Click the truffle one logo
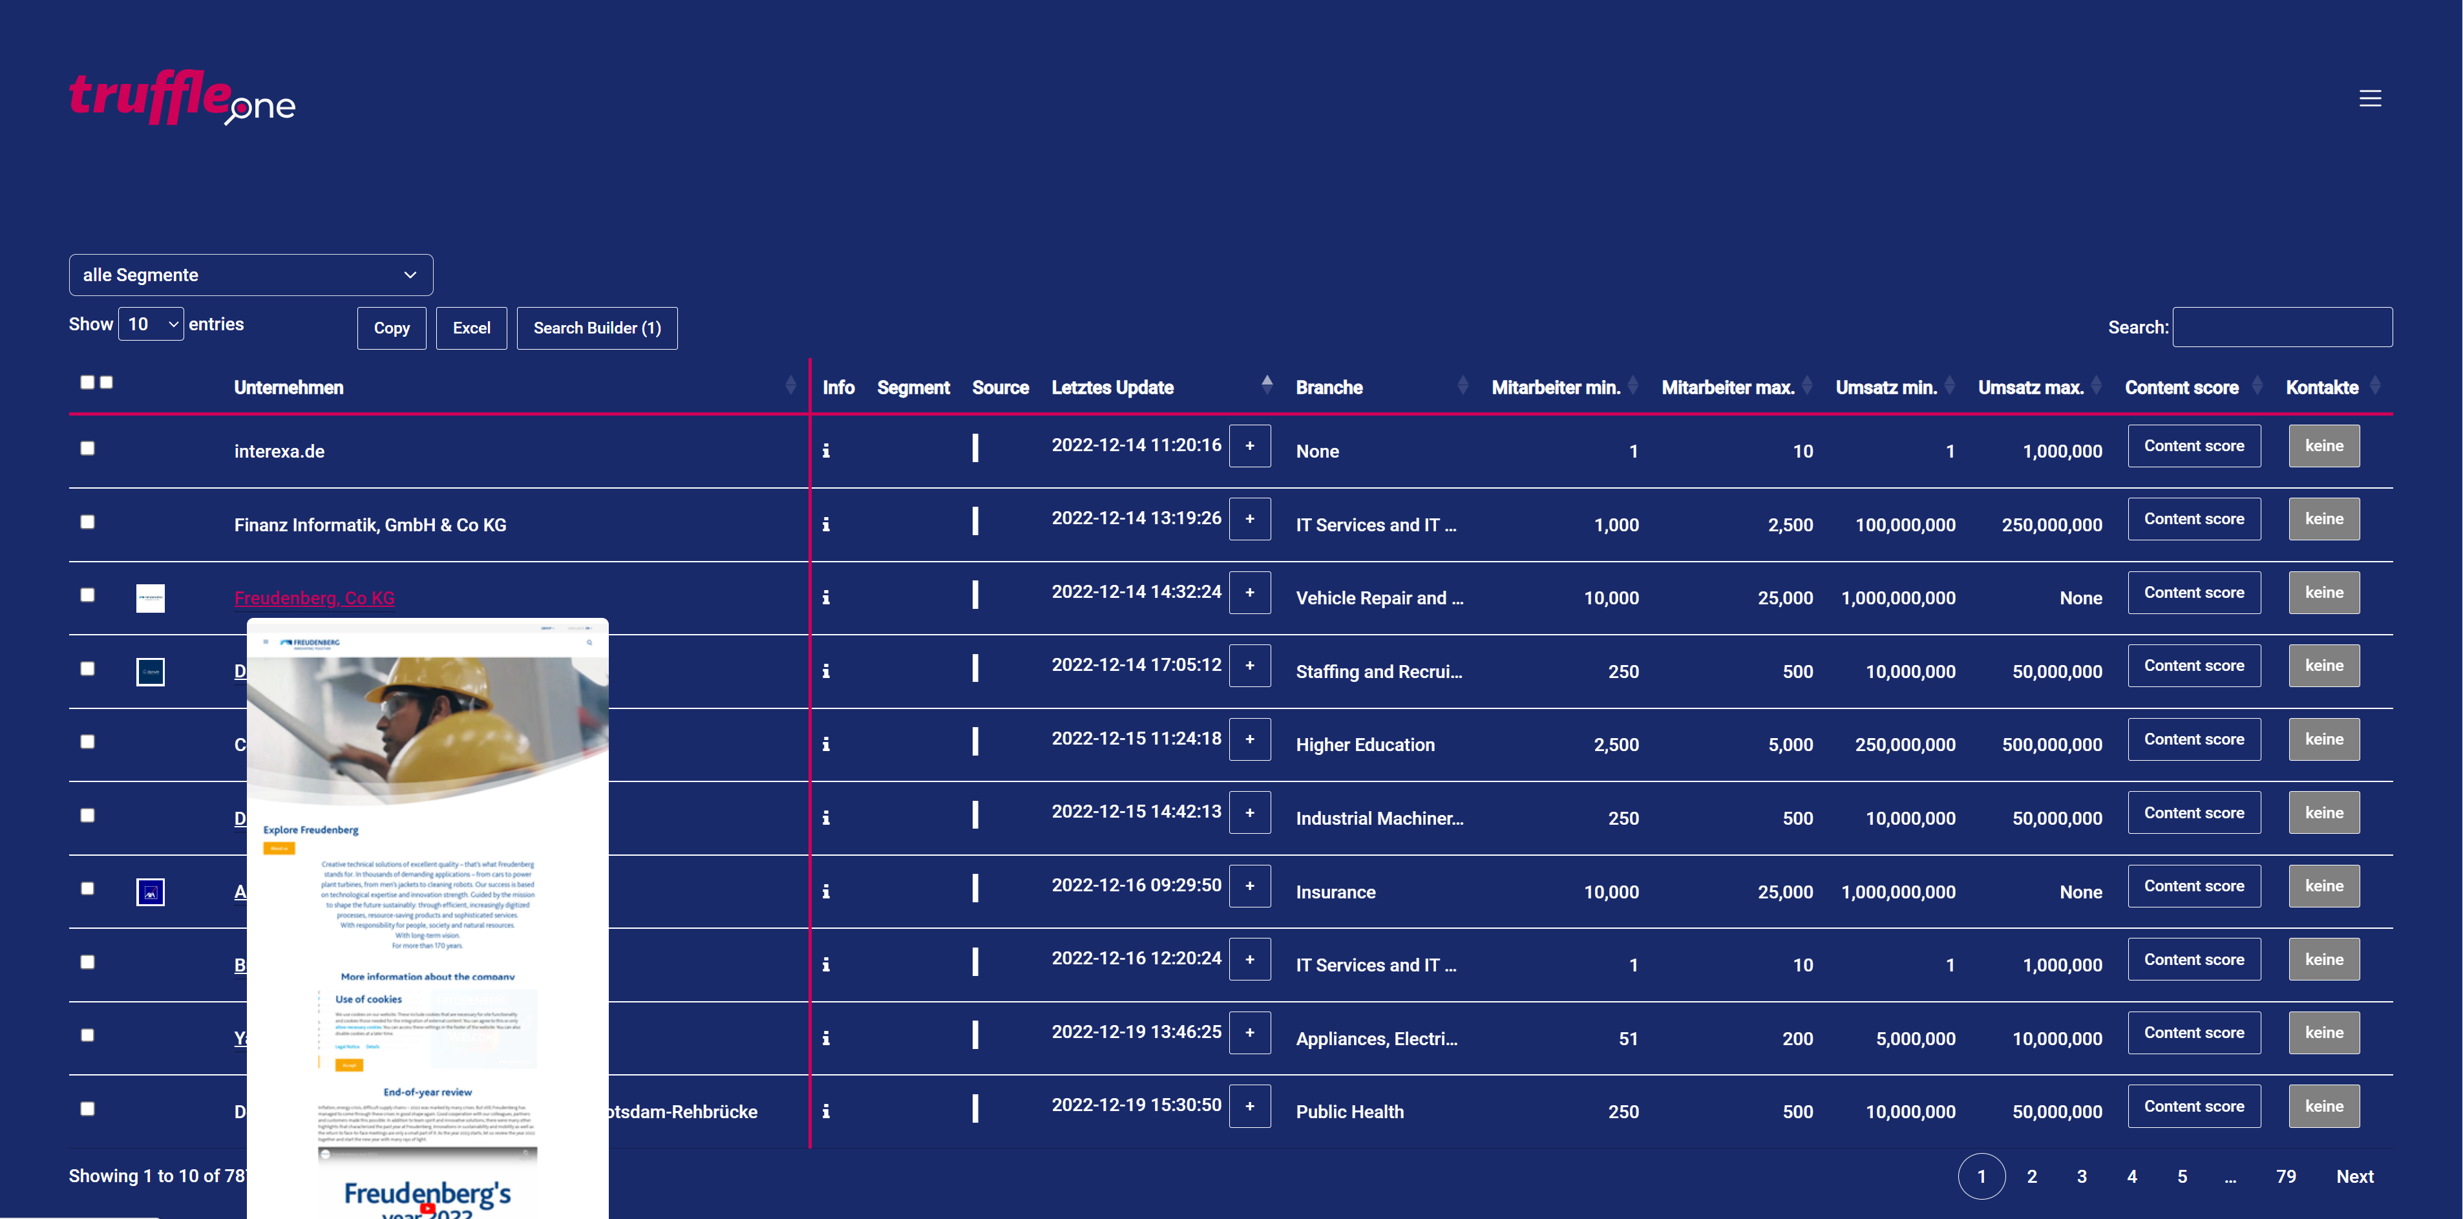182,98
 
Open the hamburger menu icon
2369,98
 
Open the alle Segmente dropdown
251,275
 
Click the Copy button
391,328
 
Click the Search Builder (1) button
597,328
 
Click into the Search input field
2281,327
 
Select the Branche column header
1329,387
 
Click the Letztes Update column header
1112,387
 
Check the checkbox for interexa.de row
88,449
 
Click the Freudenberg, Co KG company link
313,598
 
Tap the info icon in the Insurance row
826,891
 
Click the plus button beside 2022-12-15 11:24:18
1249,739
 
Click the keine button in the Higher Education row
2323,739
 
